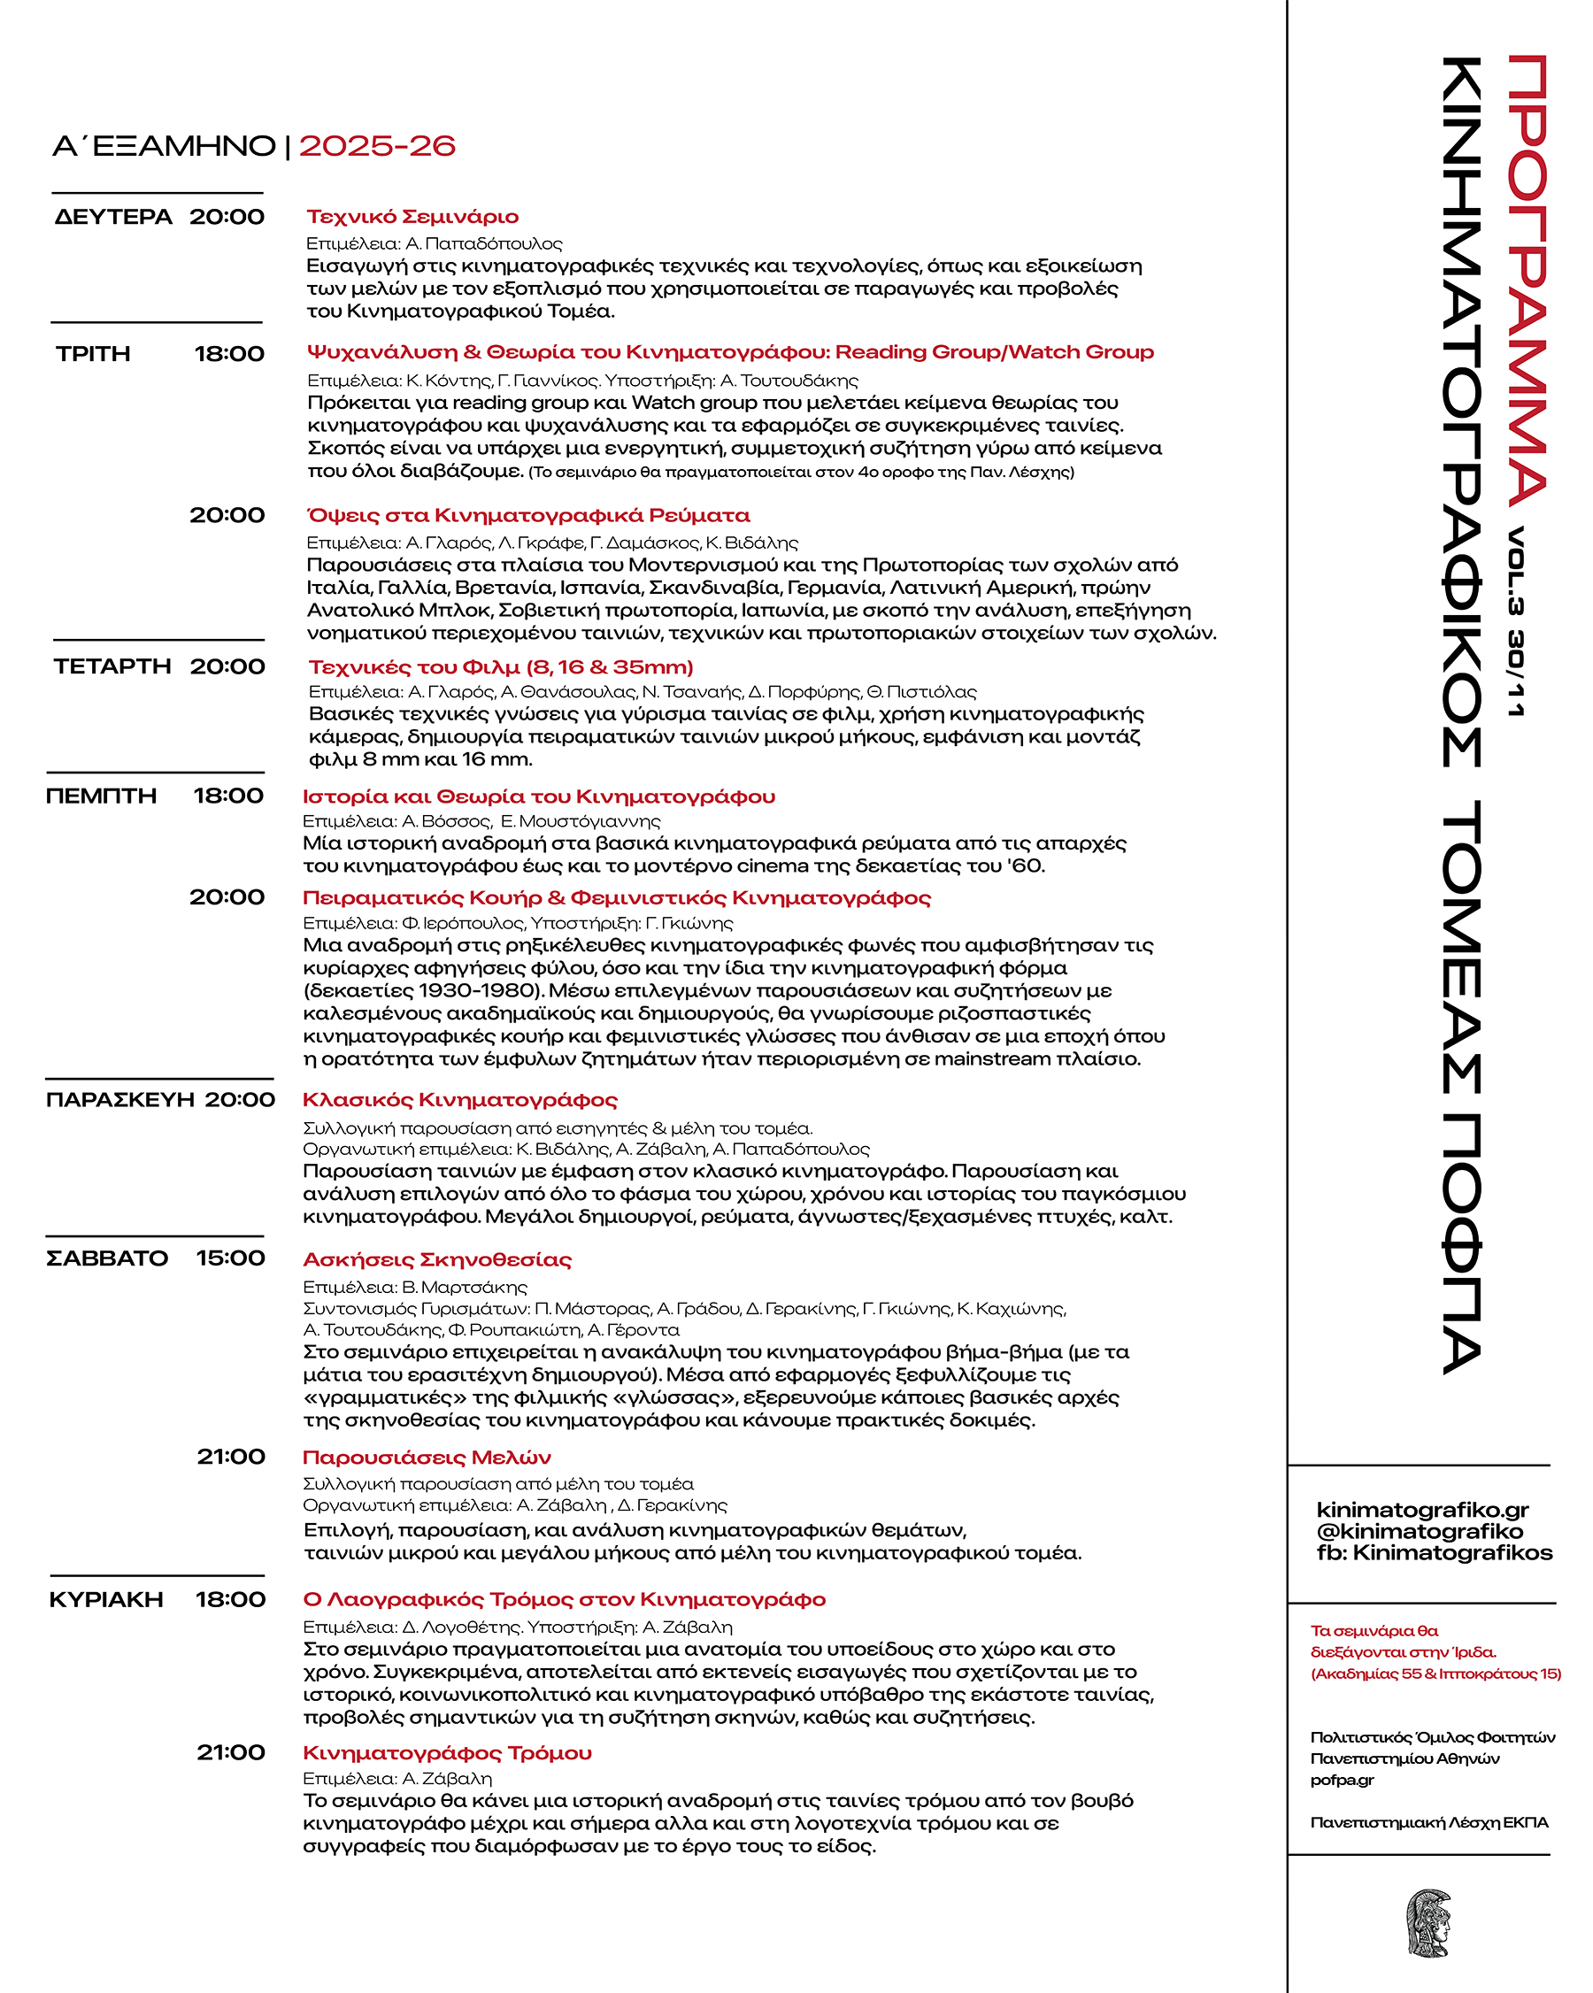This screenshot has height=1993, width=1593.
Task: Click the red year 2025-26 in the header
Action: point(376,146)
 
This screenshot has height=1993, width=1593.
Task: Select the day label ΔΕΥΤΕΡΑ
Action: point(112,217)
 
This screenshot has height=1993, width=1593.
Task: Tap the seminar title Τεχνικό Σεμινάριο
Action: point(412,217)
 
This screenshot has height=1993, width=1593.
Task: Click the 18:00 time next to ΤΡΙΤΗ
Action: point(228,354)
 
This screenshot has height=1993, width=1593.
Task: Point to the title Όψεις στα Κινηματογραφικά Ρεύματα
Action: point(528,516)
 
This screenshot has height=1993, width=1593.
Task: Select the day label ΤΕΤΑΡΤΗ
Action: point(112,666)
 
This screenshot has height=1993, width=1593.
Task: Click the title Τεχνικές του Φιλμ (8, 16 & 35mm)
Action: point(500,667)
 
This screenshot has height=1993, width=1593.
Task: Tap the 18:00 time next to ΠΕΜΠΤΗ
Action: point(228,796)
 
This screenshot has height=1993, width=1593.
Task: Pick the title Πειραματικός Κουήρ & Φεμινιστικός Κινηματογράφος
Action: point(617,897)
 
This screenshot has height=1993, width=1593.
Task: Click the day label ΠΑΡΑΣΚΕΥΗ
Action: point(120,1100)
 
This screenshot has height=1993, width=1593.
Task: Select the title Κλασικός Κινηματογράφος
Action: point(459,1100)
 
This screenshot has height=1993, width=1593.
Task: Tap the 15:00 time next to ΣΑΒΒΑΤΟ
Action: point(230,1258)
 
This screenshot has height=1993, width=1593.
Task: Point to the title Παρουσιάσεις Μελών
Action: point(427,1458)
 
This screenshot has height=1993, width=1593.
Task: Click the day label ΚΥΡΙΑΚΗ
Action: point(105,1600)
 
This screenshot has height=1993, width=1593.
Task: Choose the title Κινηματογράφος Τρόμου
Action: point(447,1753)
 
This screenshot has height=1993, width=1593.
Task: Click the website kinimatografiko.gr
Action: point(1422,1511)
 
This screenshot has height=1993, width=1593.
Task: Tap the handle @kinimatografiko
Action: point(1420,1532)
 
